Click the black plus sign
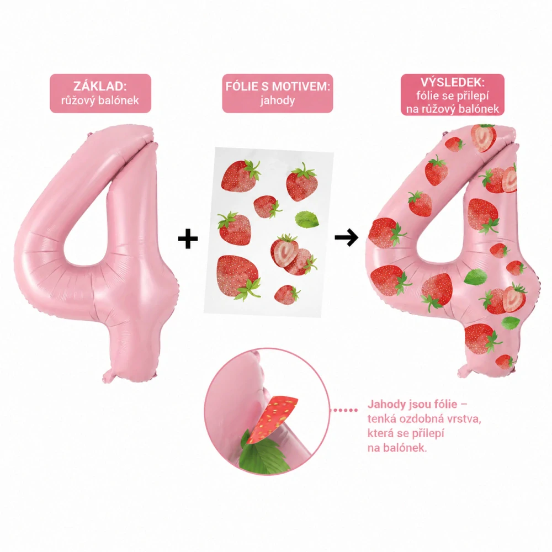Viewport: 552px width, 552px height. pos(188,238)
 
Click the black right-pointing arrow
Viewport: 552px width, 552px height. pos(347,237)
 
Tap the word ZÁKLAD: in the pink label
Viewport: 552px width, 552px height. pos(100,86)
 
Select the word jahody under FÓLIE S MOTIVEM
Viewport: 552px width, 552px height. pos(278,101)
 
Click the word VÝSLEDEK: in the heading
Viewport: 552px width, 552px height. pos(453,82)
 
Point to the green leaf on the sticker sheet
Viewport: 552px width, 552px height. pos(306,219)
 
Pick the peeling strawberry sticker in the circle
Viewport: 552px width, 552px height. pos(273,419)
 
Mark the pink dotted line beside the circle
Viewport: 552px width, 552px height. pos(346,410)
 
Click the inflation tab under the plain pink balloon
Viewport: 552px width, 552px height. pos(110,375)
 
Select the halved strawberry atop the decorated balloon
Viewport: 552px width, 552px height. pos(484,137)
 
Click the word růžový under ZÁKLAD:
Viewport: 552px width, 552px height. pos(78,100)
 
